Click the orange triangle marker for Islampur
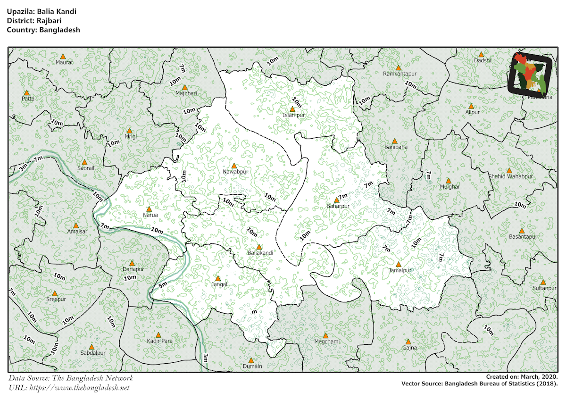pyautogui.click(x=292, y=109)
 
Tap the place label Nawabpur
pyautogui.click(x=235, y=172)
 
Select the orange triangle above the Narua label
pyautogui.click(x=149, y=209)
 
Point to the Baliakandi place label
pyautogui.click(x=260, y=253)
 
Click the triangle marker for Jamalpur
pyautogui.click(x=399, y=265)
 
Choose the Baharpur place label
pyautogui.click(x=338, y=206)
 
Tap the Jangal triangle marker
pyautogui.click(x=218, y=278)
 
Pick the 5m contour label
pyautogui.click(x=163, y=285)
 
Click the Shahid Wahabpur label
pyautogui.click(x=510, y=176)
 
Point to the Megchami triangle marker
pyautogui.click(x=325, y=335)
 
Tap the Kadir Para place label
pyautogui.click(x=159, y=341)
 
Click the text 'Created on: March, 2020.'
pyautogui.click(x=522, y=377)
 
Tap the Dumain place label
pyautogui.click(x=252, y=366)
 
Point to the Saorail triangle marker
pyautogui.click(x=85, y=162)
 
